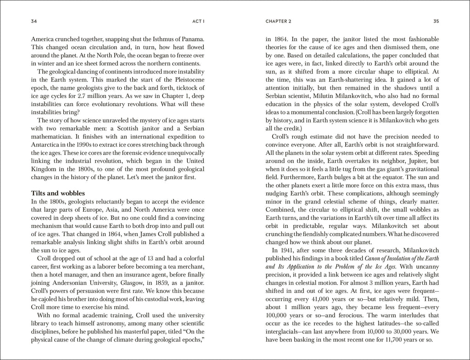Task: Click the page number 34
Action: click(34, 21)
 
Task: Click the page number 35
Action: click(436, 21)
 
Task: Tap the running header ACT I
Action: click(197, 21)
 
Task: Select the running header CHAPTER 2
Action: click(279, 21)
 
